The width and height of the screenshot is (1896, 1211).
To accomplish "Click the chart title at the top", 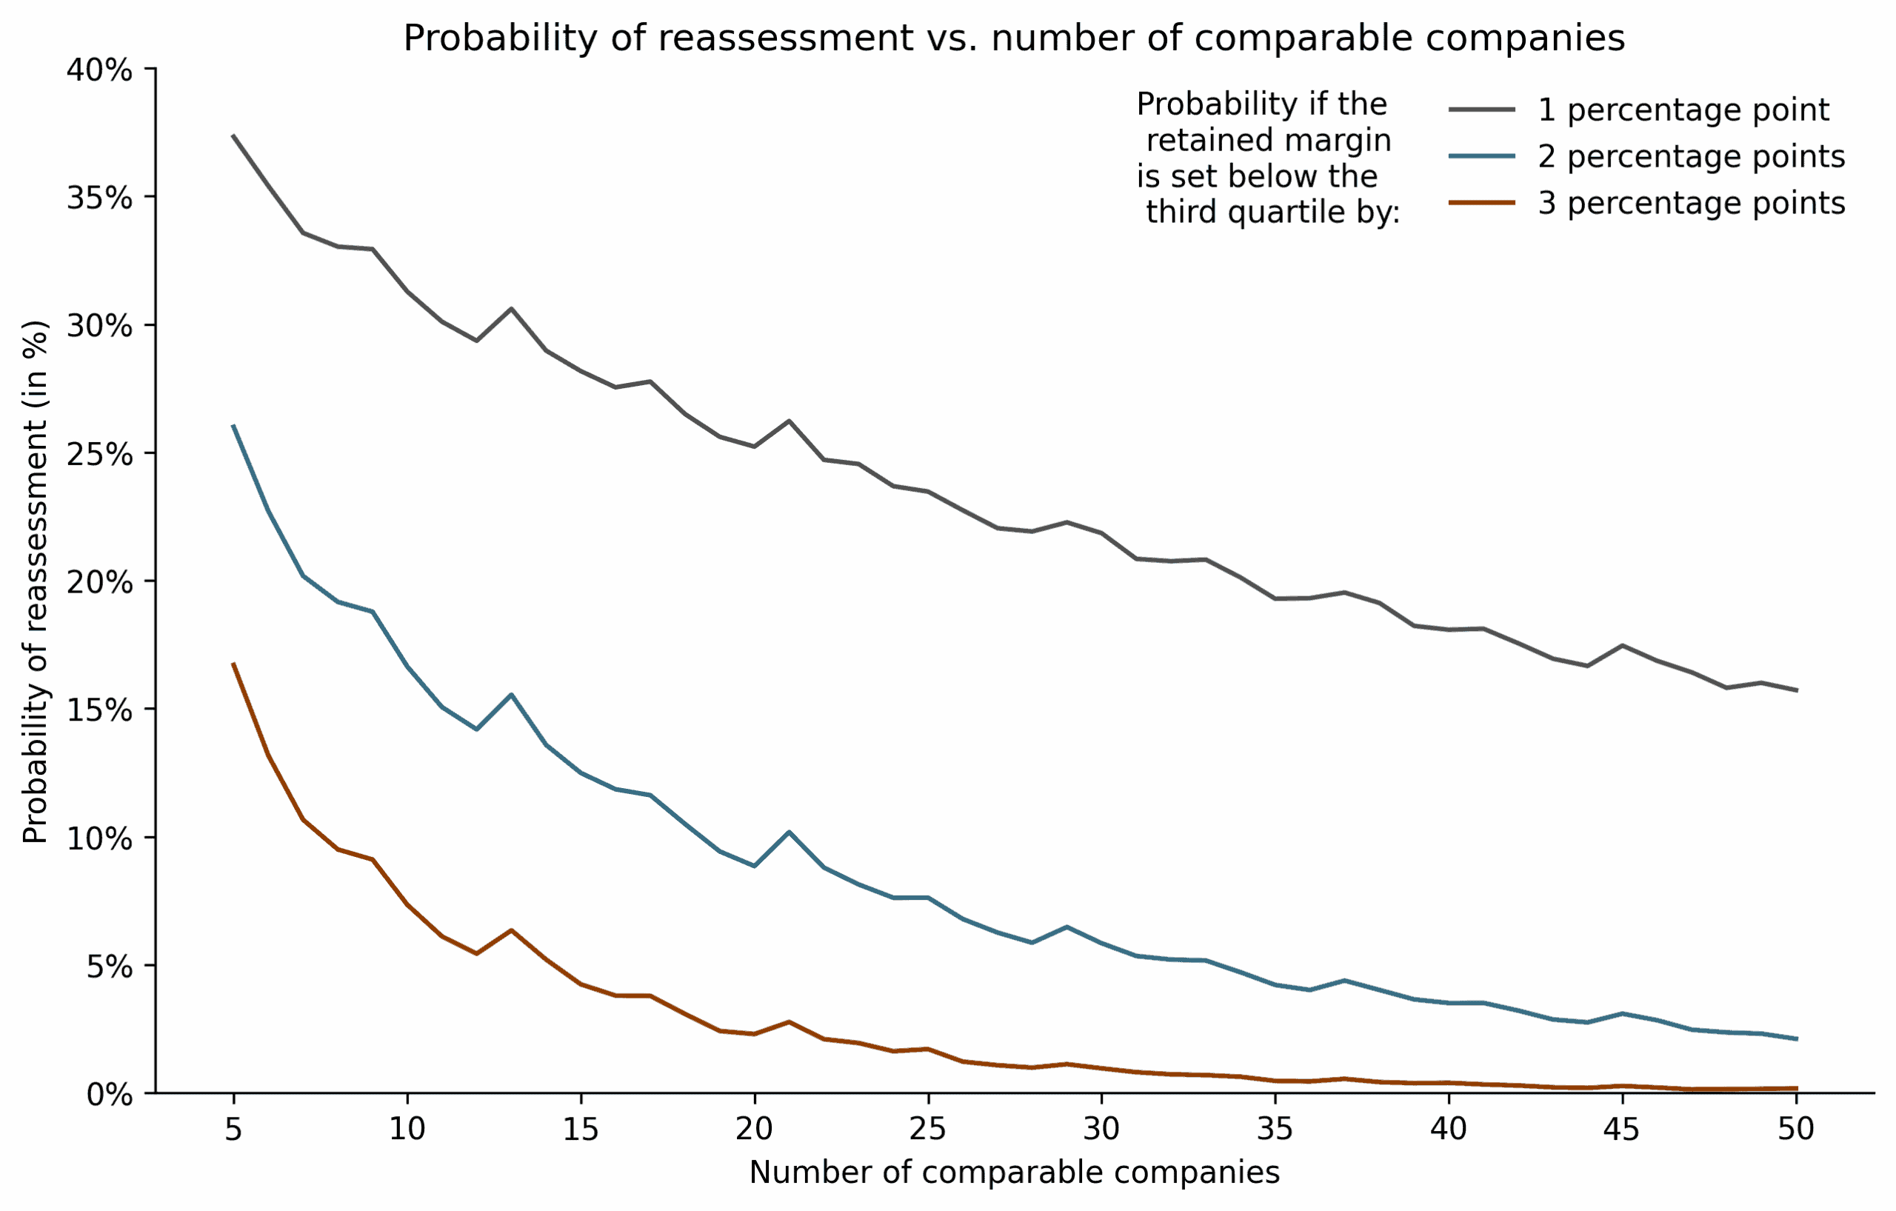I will pyautogui.click(x=1013, y=38).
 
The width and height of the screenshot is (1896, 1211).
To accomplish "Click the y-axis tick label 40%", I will pyautogui.click(x=99, y=70).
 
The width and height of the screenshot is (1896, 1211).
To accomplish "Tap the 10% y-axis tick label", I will pyautogui.click(x=99, y=838).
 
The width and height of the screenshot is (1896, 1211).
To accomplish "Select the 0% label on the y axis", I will pyautogui.click(x=110, y=1095).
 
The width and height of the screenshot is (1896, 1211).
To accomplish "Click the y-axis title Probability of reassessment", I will pyautogui.click(x=36, y=582).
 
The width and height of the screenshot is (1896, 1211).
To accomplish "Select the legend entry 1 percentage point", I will pyautogui.click(x=1683, y=110).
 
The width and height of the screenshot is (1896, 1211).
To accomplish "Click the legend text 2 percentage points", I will pyautogui.click(x=1691, y=157).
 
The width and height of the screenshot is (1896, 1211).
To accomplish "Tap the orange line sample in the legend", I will pyautogui.click(x=1481, y=203).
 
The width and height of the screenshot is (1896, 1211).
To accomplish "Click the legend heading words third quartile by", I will pyautogui.click(x=1272, y=212).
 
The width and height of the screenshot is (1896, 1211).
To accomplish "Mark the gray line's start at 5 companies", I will pyautogui.click(x=234, y=136).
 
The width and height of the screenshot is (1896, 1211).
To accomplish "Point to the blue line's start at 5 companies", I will pyautogui.click(x=234, y=426).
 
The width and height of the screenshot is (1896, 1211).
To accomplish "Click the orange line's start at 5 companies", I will pyautogui.click(x=234, y=664).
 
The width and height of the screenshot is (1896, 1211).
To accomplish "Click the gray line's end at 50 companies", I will pyautogui.click(x=1796, y=690).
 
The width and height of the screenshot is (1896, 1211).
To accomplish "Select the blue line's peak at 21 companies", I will pyautogui.click(x=789, y=833).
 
